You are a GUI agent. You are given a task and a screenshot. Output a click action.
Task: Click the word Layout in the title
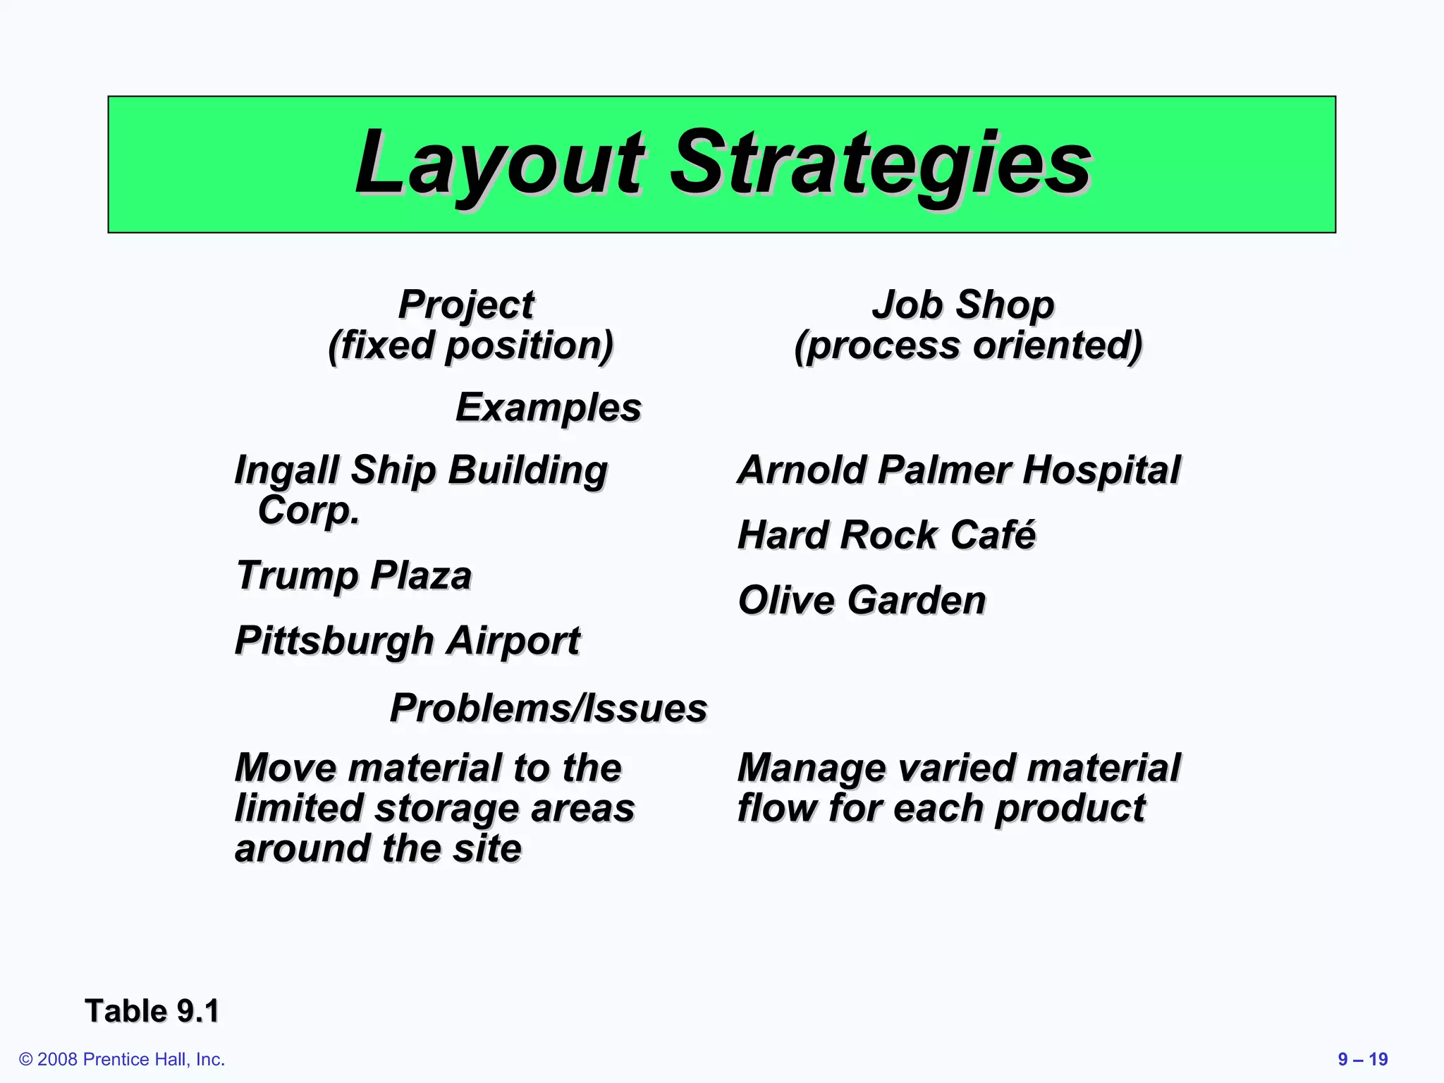[498, 164]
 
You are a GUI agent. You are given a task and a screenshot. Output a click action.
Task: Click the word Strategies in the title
[881, 164]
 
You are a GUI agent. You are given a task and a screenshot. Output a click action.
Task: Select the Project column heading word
[466, 305]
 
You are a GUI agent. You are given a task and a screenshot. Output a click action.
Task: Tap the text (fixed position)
[470, 345]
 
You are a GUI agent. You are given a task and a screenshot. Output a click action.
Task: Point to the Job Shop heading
[963, 305]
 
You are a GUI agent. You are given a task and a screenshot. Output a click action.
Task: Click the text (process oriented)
[968, 345]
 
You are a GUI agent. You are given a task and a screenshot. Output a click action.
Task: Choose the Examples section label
[549, 408]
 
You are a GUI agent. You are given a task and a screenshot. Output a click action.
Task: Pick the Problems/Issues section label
[549, 708]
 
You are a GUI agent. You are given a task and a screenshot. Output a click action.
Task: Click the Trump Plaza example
[354, 575]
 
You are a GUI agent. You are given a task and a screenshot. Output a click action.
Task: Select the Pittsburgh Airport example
[408, 640]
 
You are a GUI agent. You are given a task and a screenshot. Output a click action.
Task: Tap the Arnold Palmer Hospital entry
[958, 470]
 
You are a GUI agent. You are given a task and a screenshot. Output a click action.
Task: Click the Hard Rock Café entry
[886, 534]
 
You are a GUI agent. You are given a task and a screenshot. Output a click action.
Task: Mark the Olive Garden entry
[862, 600]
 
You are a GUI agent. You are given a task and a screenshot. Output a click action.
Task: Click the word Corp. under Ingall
[309, 510]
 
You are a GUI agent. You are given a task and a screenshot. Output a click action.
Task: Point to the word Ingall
[287, 470]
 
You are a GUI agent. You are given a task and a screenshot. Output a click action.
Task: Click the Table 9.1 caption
[152, 1010]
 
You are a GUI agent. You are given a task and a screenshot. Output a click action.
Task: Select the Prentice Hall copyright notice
[122, 1059]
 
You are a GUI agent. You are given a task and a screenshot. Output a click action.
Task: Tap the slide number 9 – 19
[1362, 1059]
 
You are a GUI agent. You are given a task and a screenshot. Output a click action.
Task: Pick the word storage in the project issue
[448, 808]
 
